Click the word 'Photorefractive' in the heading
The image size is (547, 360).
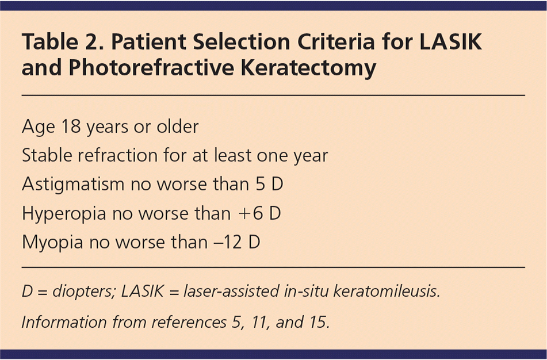[151, 68]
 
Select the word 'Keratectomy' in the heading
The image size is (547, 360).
[308, 68]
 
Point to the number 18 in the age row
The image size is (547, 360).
[71, 126]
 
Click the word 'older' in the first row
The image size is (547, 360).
[178, 126]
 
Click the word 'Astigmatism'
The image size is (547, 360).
[73, 184]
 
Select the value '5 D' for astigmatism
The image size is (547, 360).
[269, 184]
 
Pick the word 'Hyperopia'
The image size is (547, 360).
[64, 213]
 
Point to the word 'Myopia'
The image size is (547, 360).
[52, 242]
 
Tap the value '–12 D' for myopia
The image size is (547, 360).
[237, 242]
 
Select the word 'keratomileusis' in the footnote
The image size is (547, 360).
[387, 291]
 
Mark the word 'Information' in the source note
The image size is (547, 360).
[63, 322]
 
